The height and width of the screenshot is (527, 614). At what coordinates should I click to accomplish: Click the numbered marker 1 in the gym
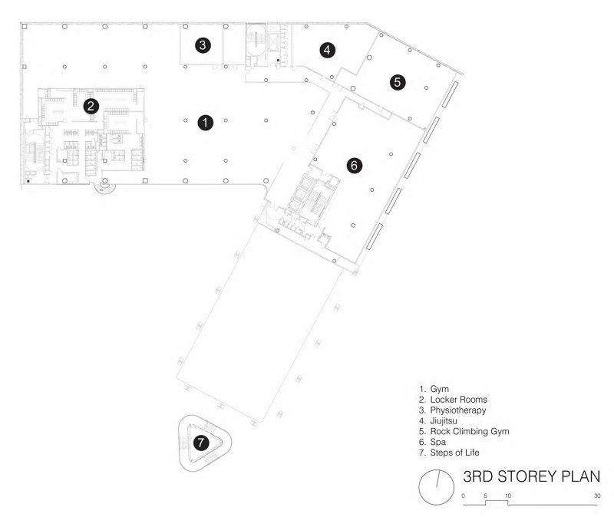coord(205,123)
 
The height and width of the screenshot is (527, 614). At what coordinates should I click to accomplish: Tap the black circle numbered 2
coord(91,106)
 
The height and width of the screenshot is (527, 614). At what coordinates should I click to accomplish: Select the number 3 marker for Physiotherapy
coord(203,45)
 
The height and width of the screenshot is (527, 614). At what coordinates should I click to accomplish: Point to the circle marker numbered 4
coord(327,50)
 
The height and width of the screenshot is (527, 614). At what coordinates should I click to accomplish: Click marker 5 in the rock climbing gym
coord(398,82)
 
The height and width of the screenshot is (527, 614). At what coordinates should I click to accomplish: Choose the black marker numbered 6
coord(354,166)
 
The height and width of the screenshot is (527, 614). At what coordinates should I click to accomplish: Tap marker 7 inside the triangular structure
coord(201,443)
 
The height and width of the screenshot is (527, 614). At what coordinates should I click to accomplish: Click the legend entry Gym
coord(439,389)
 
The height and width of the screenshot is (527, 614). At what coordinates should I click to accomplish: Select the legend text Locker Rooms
coord(458,400)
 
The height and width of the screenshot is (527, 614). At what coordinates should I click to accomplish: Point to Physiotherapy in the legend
coord(458,410)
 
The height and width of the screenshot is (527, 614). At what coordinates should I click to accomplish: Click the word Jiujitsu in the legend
coord(444,420)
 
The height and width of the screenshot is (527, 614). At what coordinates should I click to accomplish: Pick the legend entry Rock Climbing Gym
coord(470,431)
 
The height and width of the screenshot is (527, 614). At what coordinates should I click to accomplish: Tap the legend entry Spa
coord(437,442)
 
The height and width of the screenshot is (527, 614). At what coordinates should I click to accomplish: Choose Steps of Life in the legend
coord(454,453)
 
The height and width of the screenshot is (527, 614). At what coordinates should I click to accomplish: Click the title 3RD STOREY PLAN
coord(531,476)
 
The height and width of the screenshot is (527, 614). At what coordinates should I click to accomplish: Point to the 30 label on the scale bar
coord(597,496)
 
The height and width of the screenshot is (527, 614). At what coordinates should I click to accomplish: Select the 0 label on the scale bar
coord(464,496)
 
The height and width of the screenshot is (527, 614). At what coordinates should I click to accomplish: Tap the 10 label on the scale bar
coord(508,496)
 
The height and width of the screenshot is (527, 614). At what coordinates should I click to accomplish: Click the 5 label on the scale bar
coord(486,496)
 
